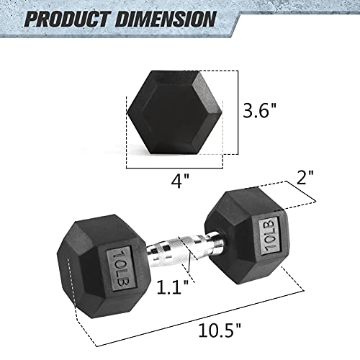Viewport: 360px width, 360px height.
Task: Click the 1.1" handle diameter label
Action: pos(173,287)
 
